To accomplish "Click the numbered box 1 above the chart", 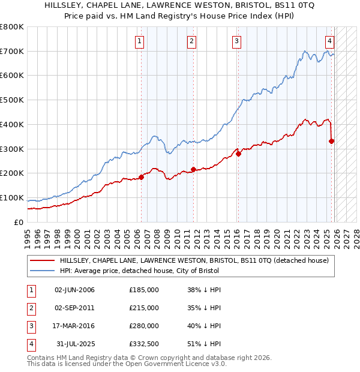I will click(139, 41).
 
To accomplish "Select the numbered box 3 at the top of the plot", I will click(236, 41).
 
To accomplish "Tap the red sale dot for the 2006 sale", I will click(142, 177).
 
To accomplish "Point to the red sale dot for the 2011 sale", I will click(193, 169).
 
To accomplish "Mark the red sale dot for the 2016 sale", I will click(238, 154).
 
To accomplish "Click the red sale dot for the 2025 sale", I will click(331, 141).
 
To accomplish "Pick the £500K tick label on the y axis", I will click(12, 100).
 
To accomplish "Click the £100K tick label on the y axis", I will click(12, 198).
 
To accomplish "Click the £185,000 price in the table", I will click(143, 290).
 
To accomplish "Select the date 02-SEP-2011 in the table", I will click(74, 308).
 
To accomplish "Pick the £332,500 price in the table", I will click(143, 344).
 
